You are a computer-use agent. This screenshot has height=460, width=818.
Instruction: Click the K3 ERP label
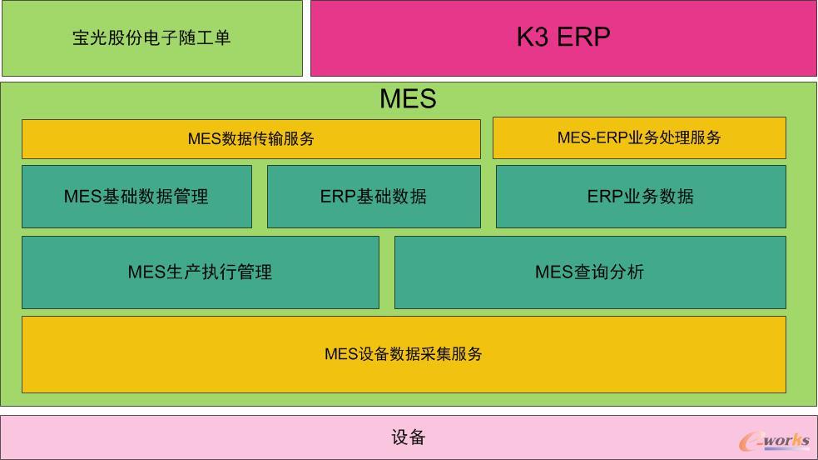click(x=563, y=37)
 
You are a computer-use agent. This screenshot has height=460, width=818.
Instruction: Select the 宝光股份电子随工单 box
click(x=151, y=38)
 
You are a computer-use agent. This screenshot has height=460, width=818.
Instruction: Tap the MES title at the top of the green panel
click(x=408, y=98)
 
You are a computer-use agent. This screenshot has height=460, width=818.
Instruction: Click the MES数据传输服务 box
click(x=250, y=139)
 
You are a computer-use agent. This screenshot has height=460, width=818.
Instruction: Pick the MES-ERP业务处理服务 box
click(x=639, y=137)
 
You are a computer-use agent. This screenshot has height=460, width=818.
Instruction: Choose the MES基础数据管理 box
click(x=136, y=197)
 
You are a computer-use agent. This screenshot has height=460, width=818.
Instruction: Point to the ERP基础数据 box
click(x=374, y=197)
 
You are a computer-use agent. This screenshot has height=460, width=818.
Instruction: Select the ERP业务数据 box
click(x=641, y=197)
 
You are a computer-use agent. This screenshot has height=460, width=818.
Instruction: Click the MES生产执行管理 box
click(x=200, y=272)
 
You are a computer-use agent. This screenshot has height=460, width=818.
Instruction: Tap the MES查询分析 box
click(x=589, y=272)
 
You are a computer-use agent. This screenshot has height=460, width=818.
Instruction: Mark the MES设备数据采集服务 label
click(x=404, y=354)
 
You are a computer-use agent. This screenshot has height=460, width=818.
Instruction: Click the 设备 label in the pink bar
click(x=408, y=437)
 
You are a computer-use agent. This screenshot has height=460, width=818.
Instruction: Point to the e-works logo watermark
click(x=774, y=441)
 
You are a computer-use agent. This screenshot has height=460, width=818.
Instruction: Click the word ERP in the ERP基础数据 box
click(x=338, y=197)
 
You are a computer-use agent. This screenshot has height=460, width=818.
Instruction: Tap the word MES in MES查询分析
click(x=553, y=272)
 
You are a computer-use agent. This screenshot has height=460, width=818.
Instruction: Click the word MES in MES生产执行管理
click(x=146, y=272)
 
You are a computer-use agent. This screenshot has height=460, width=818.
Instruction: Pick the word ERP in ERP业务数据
click(x=605, y=197)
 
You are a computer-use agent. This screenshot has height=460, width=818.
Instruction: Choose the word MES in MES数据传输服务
click(x=204, y=139)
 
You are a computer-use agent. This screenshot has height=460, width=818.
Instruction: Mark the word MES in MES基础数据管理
click(x=82, y=197)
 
